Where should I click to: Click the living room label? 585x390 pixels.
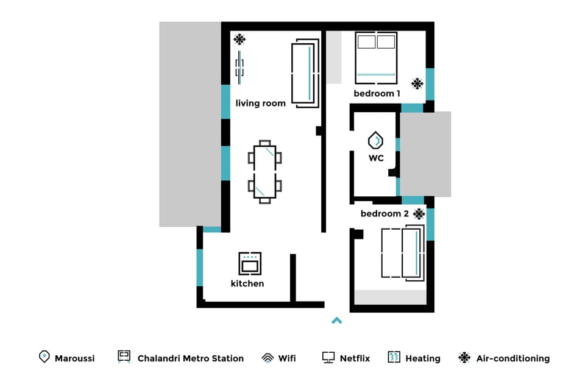(260, 104)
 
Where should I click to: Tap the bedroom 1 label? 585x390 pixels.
(377, 94)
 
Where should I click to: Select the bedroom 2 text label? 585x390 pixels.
(385, 214)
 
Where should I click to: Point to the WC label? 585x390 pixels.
(376, 158)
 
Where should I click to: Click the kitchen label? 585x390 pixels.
(247, 284)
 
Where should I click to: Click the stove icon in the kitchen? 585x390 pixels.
(250, 263)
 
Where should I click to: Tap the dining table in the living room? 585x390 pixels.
(264, 171)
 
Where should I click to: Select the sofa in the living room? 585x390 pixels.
(305, 73)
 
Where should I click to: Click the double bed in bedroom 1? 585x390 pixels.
(376, 57)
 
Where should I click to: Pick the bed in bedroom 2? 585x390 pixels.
(402, 252)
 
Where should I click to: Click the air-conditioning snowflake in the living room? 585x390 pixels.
(239, 40)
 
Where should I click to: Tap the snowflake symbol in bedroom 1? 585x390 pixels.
(417, 83)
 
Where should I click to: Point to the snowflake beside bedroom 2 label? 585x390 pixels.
(419, 214)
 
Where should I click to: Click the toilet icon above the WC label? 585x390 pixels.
(376, 141)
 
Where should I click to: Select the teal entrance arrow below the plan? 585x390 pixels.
(336, 321)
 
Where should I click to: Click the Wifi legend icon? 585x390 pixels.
(267, 358)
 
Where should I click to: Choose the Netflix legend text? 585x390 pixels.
(355, 358)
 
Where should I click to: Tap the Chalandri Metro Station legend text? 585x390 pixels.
(190, 358)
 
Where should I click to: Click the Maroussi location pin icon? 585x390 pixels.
(44, 357)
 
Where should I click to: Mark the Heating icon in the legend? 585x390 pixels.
(394, 357)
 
